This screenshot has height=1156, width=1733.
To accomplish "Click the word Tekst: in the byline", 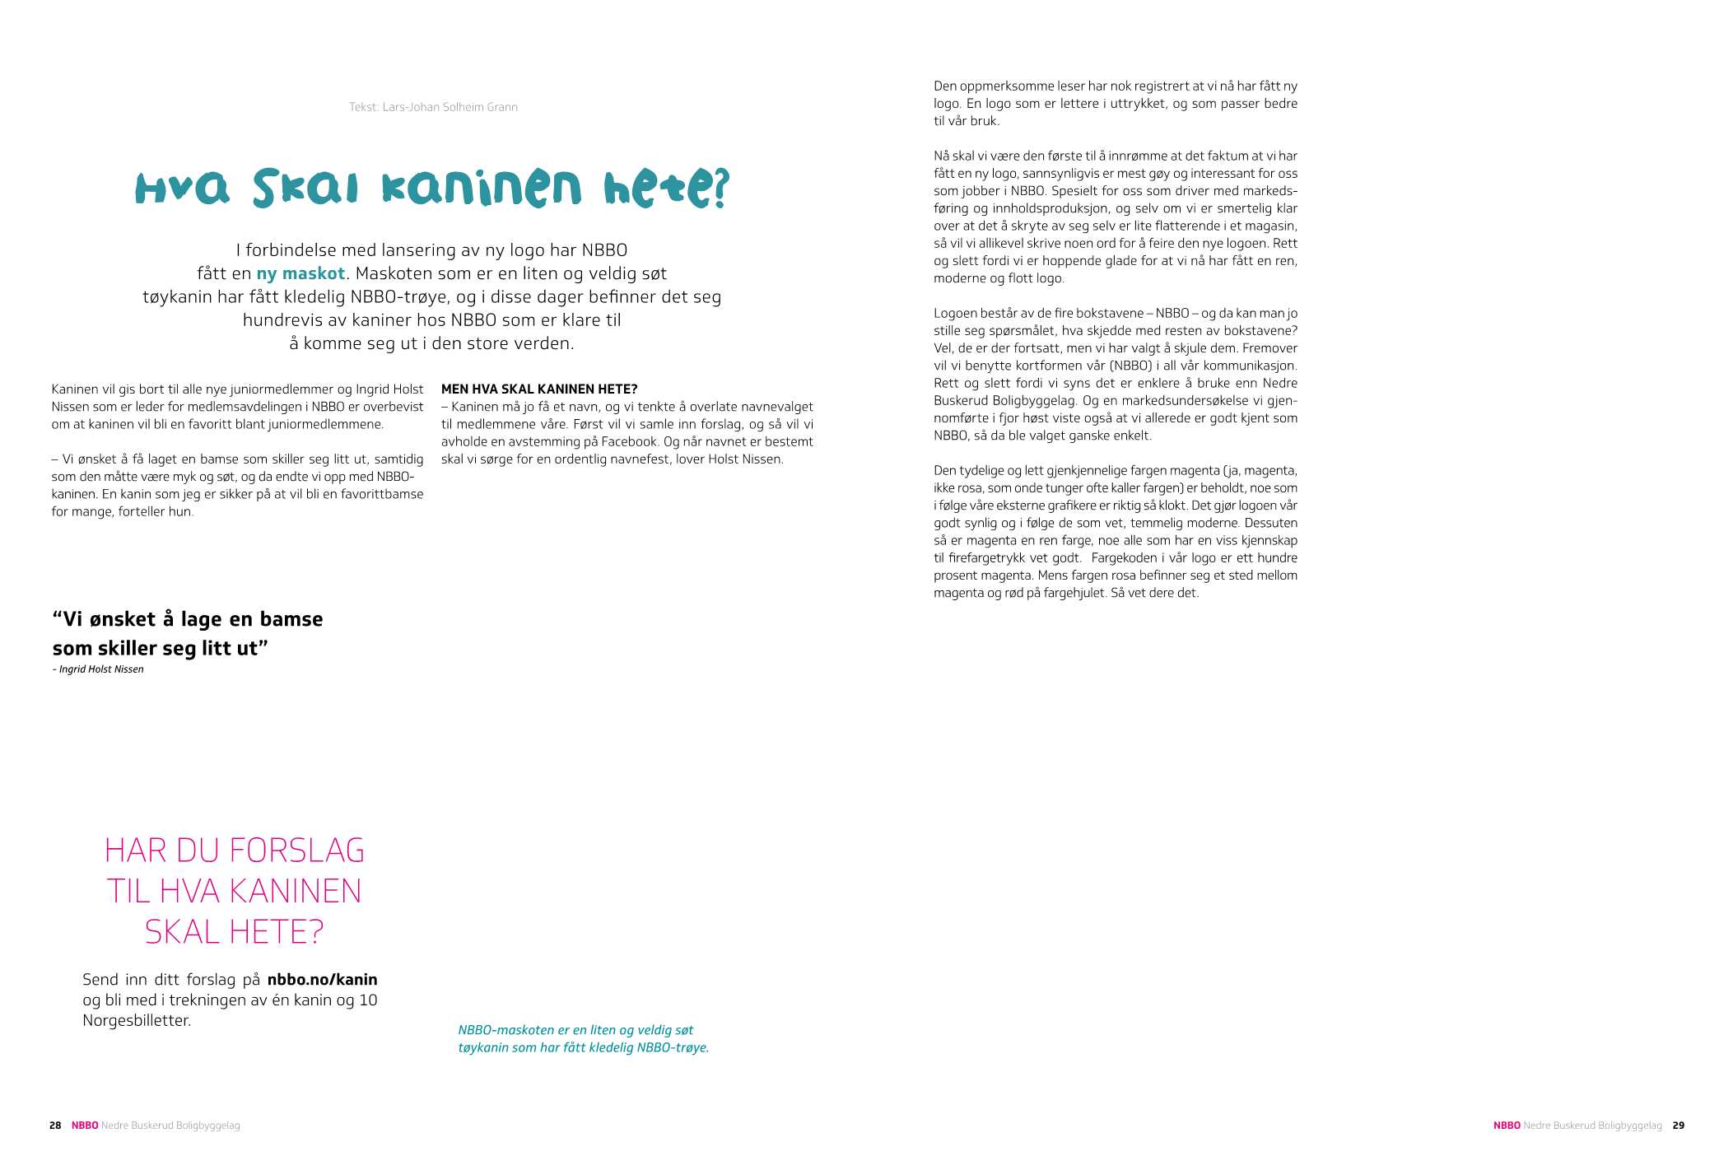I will [x=364, y=107].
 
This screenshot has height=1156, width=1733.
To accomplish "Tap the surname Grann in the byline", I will [x=502, y=107].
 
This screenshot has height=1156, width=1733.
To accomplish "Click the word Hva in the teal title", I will [x=182, y=188].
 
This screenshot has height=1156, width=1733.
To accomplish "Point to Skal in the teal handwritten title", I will [x=305, y=188].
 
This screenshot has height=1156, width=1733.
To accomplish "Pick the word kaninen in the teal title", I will [x=482, y=188].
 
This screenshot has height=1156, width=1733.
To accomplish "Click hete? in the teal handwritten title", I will [x=666, y=188].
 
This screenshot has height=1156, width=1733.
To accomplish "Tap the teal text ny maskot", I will [x=300, y=273].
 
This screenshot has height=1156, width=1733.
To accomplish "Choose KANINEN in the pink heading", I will [x=296, y=892].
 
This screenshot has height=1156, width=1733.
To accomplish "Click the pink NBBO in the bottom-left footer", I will [x=85, y=1126].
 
